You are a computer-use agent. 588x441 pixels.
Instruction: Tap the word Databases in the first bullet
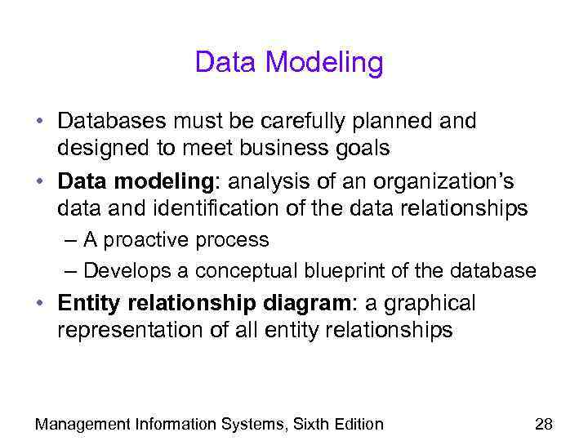(111, 121)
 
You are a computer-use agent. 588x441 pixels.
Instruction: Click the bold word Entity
(85, 303)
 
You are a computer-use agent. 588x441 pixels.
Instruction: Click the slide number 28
(543, 423)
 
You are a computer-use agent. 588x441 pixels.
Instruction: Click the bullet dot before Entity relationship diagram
(41, 303)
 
